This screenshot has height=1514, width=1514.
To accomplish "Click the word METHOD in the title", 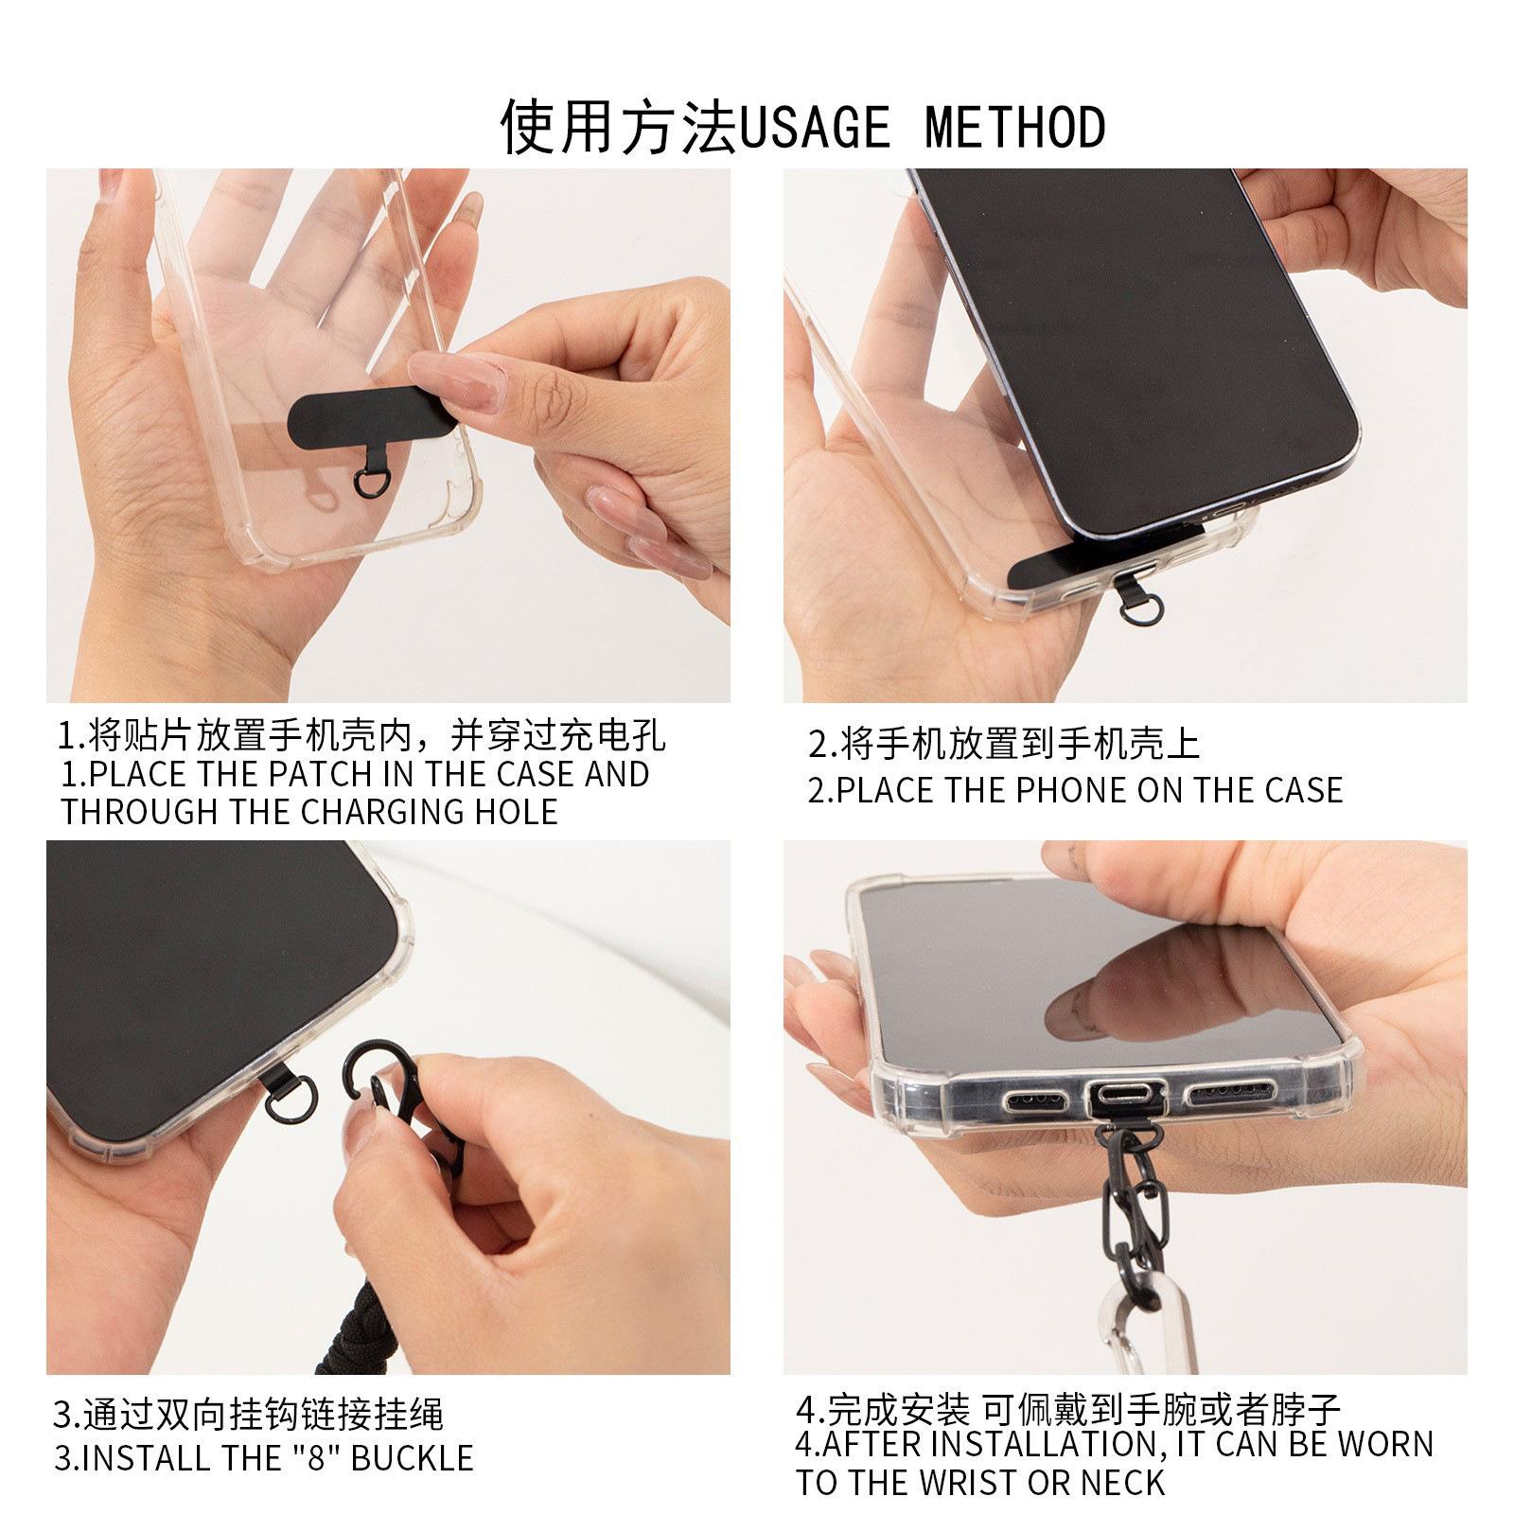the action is tap(1014, 128).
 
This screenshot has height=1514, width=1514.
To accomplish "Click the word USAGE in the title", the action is tap(815, 128).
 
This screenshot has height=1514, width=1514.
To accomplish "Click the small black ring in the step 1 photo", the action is tap(368, 480).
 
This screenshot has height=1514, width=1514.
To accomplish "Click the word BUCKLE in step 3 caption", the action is tap(413, 1457).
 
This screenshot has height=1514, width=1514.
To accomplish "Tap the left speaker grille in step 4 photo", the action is tap(1035, 1100).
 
